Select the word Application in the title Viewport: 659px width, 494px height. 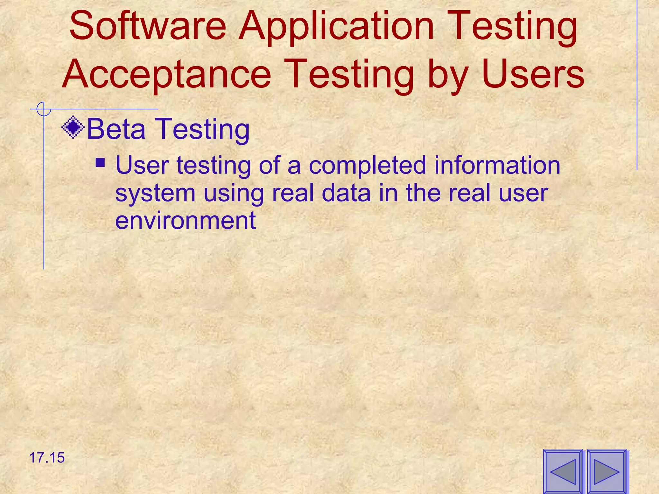[x=336, y=29]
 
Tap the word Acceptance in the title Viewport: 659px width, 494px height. [x=167, y=75]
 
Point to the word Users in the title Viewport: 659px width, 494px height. [x=533, y=75]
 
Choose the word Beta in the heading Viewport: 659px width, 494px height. [x=116, y=129]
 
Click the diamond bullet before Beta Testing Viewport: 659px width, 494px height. [x=73, y=127]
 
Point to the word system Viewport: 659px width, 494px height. [x=155, y=194]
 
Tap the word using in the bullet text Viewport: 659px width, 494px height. [x=234, y=195]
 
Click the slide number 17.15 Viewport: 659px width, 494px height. [x=47, y=458]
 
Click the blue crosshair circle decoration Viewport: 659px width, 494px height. [x=43, y=109]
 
